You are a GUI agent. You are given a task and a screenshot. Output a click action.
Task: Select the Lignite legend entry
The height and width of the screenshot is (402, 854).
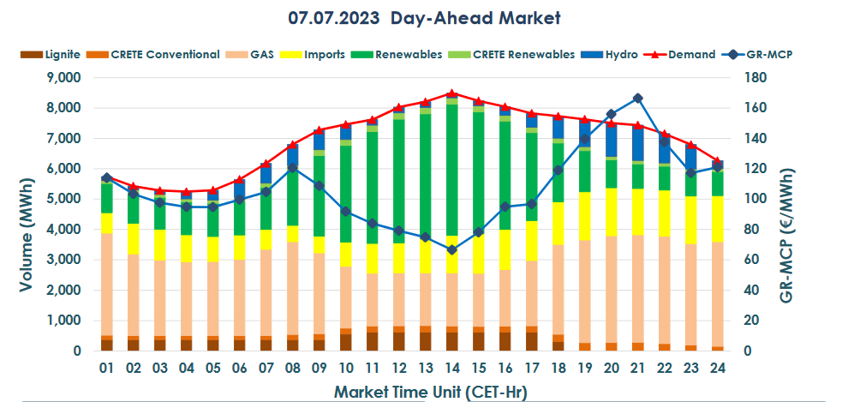point(51,54)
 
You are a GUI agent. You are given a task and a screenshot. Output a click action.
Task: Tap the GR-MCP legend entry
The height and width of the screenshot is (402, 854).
point(766,54)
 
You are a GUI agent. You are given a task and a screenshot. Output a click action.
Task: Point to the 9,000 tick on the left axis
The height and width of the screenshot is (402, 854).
point(62,77)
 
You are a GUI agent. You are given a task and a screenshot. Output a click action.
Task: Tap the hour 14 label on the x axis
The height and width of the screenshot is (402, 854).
point(452,368)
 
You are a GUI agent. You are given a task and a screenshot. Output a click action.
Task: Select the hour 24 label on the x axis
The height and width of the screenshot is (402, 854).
point(718,368)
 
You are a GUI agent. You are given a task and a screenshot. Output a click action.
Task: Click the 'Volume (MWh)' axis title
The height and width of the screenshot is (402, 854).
point(27,214)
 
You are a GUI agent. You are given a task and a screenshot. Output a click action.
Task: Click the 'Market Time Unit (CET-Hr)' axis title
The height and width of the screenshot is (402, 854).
point(419,392)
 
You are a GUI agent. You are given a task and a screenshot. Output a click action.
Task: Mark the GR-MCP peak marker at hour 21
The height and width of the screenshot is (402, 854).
point(638,99)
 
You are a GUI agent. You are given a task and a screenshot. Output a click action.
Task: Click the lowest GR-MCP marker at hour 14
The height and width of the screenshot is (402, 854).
point(452,249)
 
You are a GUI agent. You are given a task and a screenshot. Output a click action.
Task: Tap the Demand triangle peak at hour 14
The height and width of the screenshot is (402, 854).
point(452,93)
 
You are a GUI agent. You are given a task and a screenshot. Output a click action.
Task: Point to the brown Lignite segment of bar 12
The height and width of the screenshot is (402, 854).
point(399,342)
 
